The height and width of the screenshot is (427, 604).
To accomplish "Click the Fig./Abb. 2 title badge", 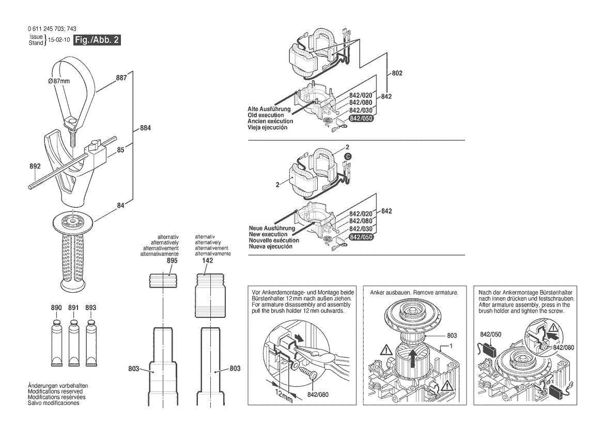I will [x=97, y=40].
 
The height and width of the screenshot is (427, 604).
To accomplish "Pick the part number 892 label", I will [x=35, y=167].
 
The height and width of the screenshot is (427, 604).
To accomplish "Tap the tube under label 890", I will [x=57, y=342].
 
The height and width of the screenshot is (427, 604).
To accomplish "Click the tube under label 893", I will [x=91, y=342].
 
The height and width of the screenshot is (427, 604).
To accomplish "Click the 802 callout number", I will [x=397, y=73].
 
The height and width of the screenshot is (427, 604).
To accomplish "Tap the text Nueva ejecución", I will [x=270, y=247].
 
